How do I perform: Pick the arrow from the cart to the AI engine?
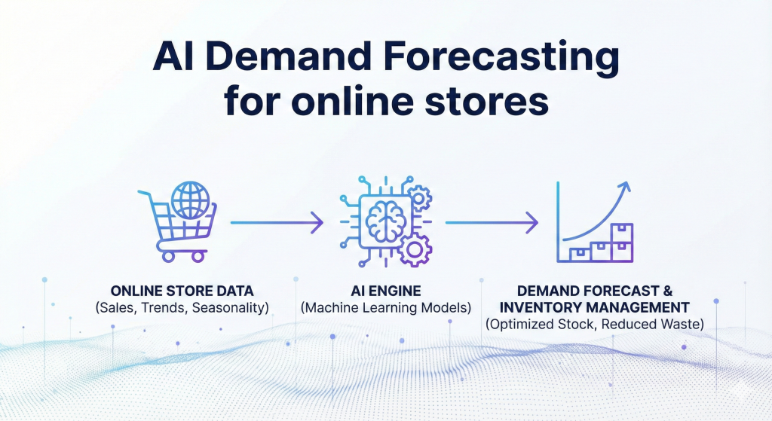click(x=277, y=222)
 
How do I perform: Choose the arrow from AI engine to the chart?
click(x=492, y=222)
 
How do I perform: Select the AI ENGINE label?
click(x=386, y=291)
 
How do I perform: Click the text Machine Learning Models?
click(x=386, y=307)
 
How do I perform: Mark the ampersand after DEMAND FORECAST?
click(x=682, y=291)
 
